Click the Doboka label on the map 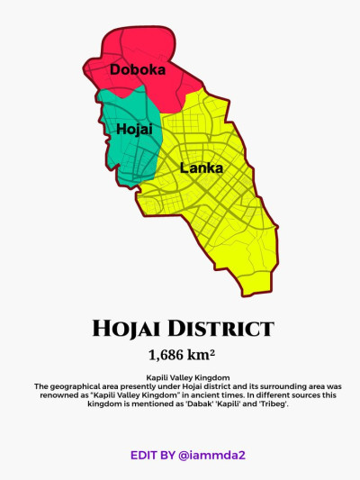(x=138, y=68)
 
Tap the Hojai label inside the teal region (x=135, y=130)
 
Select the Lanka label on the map (x=202, y=168)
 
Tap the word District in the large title (x=225, y=328)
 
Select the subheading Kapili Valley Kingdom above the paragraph (x=181, y=377)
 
